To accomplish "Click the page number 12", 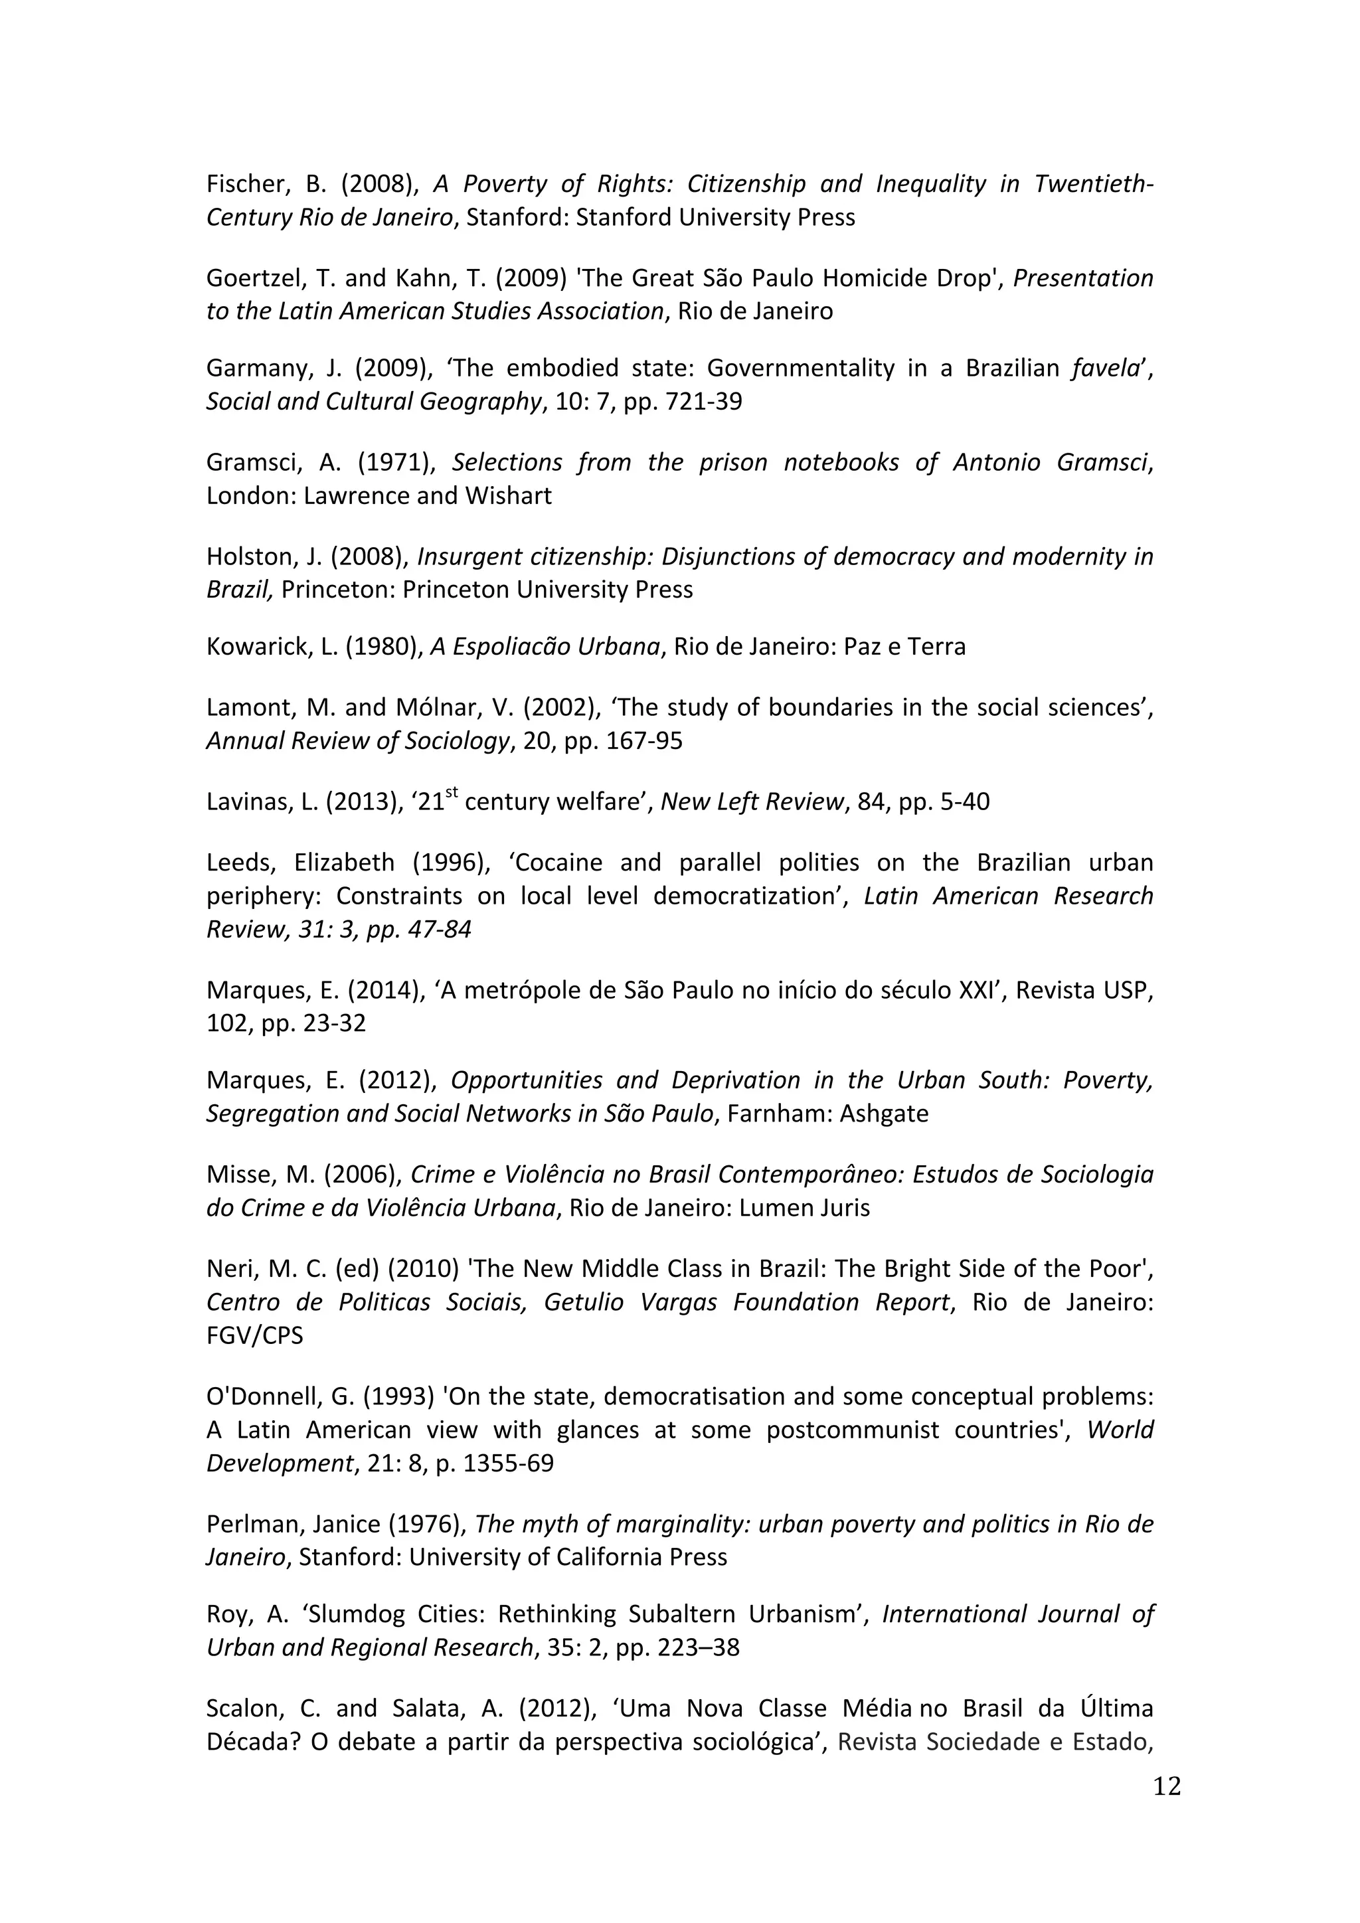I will click(1167, 1786).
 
